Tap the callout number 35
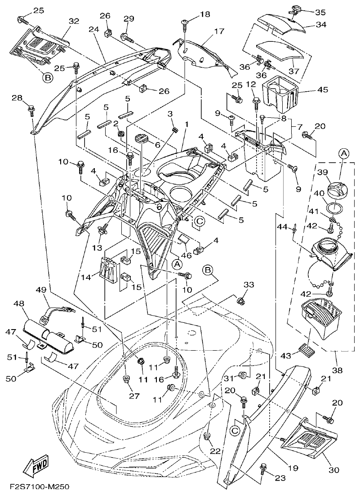pyautogui.click(x=320, y=12)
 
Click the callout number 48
pyautogui.click(x=19, y=304)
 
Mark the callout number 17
pyautogui.click(x=218, y=31)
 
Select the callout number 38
pyautogui.click(x=337, y=370)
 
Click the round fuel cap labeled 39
pyautogui.click(x=339, y=185)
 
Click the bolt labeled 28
pyautogui.click(x=32, y=108)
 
